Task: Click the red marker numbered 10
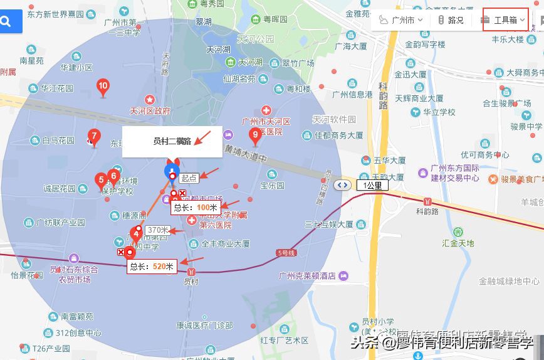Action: (x=103, y=87)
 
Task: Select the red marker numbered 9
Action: (x=254, y=134)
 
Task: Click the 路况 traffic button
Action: (x=451, y=20)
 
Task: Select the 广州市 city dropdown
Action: (x=401, y=20)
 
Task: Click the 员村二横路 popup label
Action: (x=172, y=141)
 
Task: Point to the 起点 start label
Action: (x=189, y=178)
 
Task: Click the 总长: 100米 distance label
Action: (x=196, y=207)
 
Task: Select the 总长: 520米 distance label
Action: (x=152, y=267)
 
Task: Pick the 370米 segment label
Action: (x=158, y=230)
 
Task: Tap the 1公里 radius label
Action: (x=374, y=185)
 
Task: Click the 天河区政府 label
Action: (x=150, y=111)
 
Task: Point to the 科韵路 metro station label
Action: (x=428, y=212)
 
